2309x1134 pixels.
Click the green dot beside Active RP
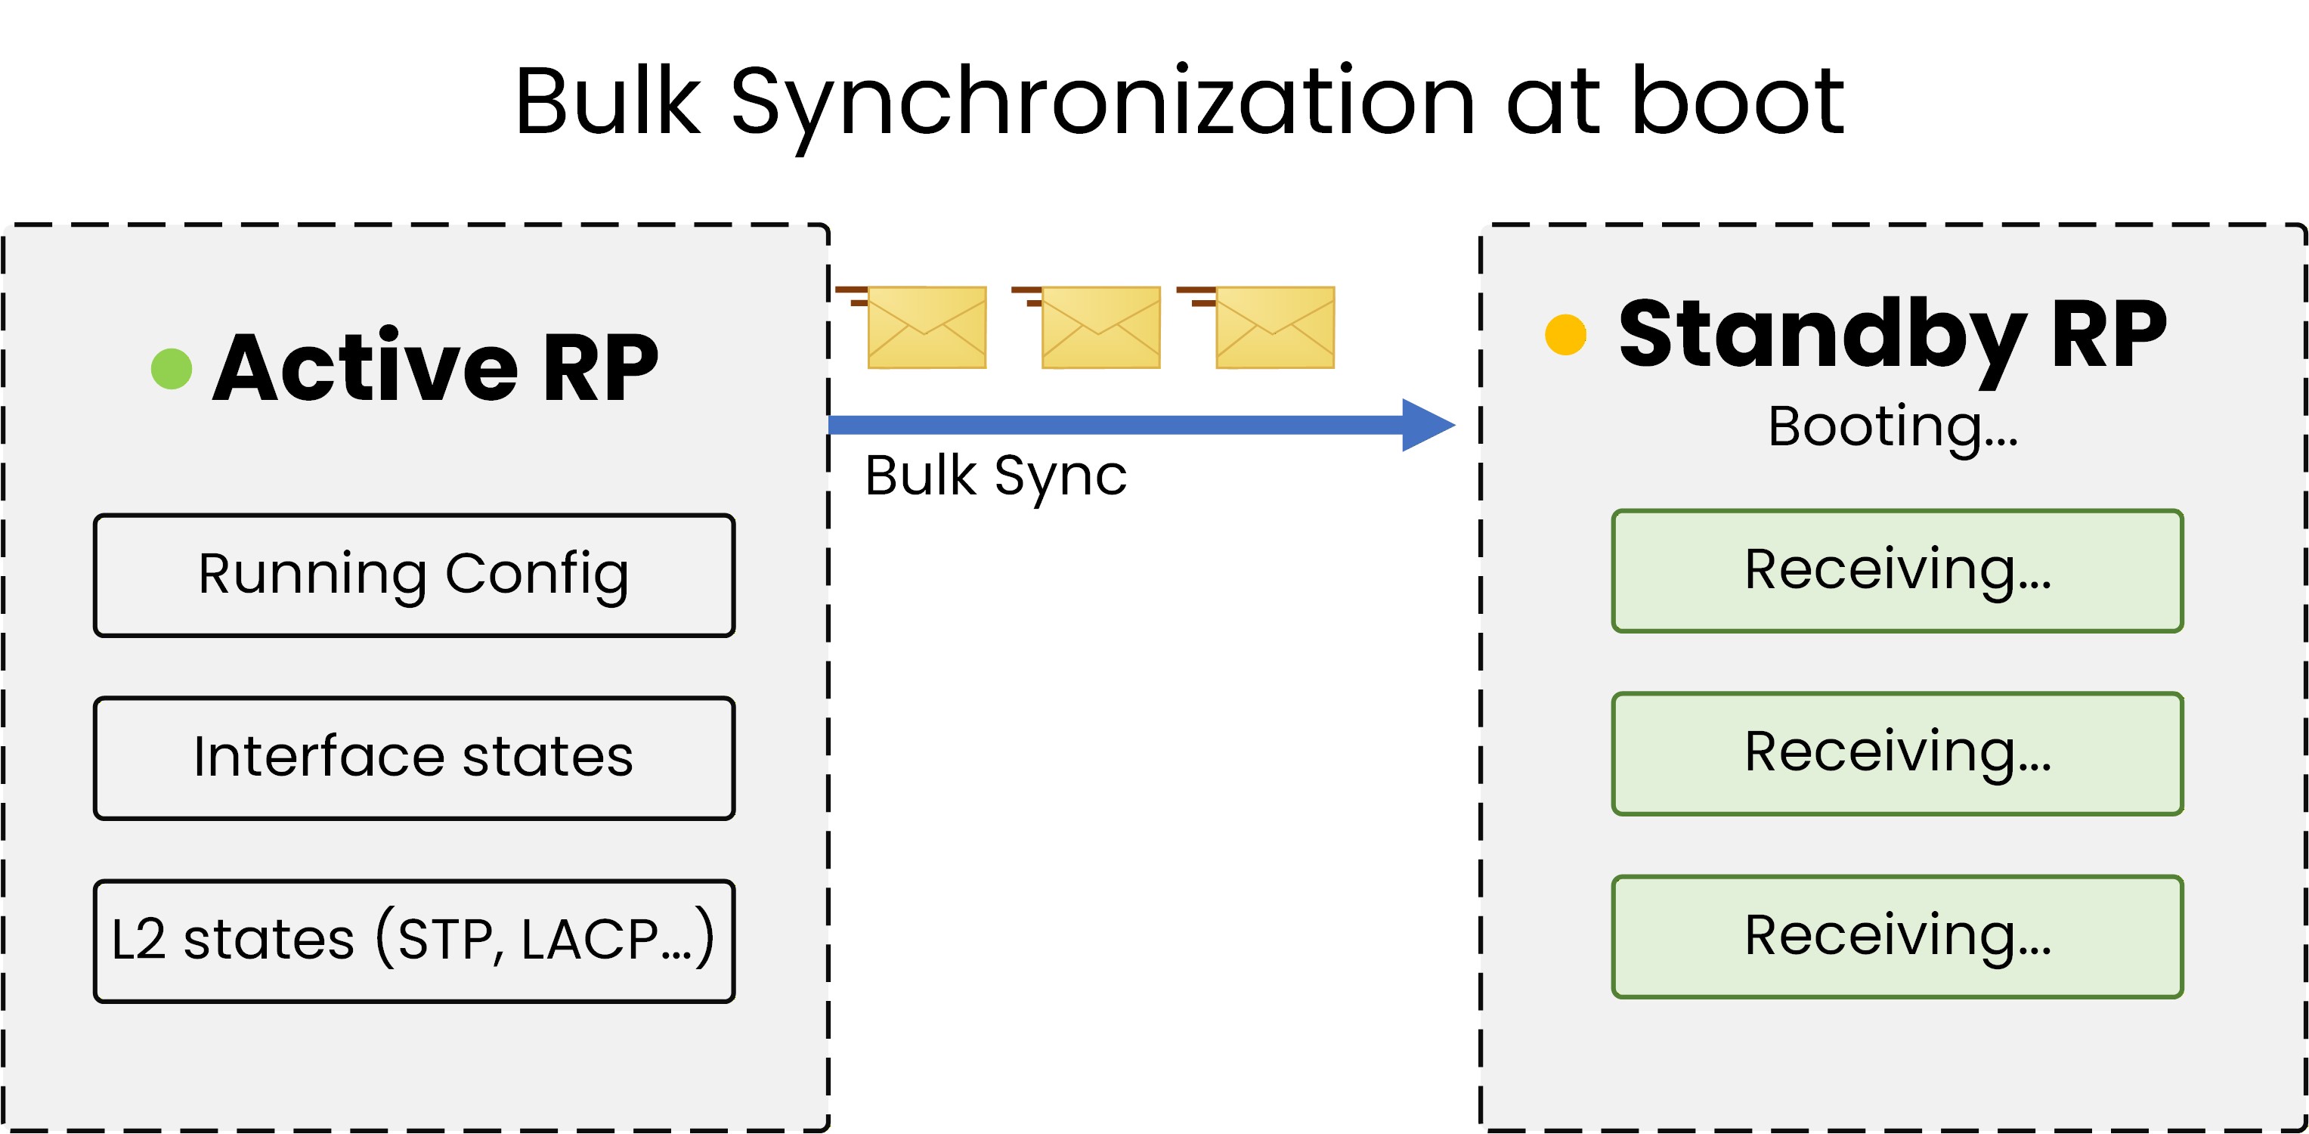[x=172, y=368]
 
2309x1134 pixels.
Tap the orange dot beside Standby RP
[x=1565, y=334]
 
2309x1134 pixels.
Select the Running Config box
[x=414, y=575]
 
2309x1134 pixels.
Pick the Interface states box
[x=414, y=758]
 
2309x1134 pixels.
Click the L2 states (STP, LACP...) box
[x=414, y=940]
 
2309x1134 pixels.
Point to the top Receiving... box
[x=1896, y=571]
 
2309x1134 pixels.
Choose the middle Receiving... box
[x=1896, y=753]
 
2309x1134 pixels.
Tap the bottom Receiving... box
[x=1896, y=937]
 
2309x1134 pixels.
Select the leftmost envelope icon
[x=926, y=327]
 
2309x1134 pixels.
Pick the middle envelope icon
[x=1100, y=327]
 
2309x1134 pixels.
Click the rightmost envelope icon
[x=1274, y=327]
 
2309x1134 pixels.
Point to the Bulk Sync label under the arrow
[x=995, y=476]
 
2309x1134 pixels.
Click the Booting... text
[x=1893, y=426]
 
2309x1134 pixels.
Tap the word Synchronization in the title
[x=1103, y=103]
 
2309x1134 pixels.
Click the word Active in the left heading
[x=366, y=367]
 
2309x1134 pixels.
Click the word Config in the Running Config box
[x=536, y=575]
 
